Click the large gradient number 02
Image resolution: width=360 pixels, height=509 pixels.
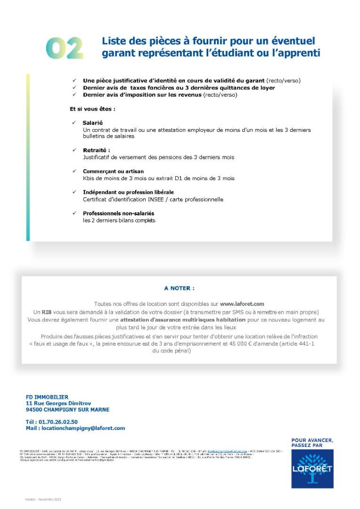(x=65, y=48)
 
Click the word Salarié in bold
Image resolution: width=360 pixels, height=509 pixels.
(x=93, y=123)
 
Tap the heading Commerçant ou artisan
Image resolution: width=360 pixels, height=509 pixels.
(x=113, y=172)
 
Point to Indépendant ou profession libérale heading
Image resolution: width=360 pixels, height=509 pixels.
(x=128, y=192)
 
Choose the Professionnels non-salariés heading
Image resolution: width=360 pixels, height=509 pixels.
(x=118, y=213)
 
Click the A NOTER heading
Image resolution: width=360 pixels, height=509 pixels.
(x=179, y=288)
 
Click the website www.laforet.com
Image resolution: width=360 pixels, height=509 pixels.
(x=242, y=304)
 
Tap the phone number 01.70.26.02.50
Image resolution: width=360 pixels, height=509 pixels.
(x=59, y=422)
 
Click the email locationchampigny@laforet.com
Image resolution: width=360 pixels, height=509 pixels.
(x=83, y=428)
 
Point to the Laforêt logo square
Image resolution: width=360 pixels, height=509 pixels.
(x=312, y=468)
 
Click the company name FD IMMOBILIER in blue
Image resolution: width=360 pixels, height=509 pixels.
(x=47, y=397)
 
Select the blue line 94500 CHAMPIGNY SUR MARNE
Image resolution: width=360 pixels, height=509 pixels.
(x=67, y=410)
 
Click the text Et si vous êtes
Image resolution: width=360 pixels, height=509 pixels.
(x=92, y=109)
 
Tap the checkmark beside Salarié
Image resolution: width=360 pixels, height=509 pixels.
(x=74, y=123)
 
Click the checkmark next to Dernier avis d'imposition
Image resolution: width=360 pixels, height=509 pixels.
(x=74, y=95)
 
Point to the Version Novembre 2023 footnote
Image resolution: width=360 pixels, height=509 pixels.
(x=43, y=499)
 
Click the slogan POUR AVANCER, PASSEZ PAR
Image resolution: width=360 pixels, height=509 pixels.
(x=312, y=443)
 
